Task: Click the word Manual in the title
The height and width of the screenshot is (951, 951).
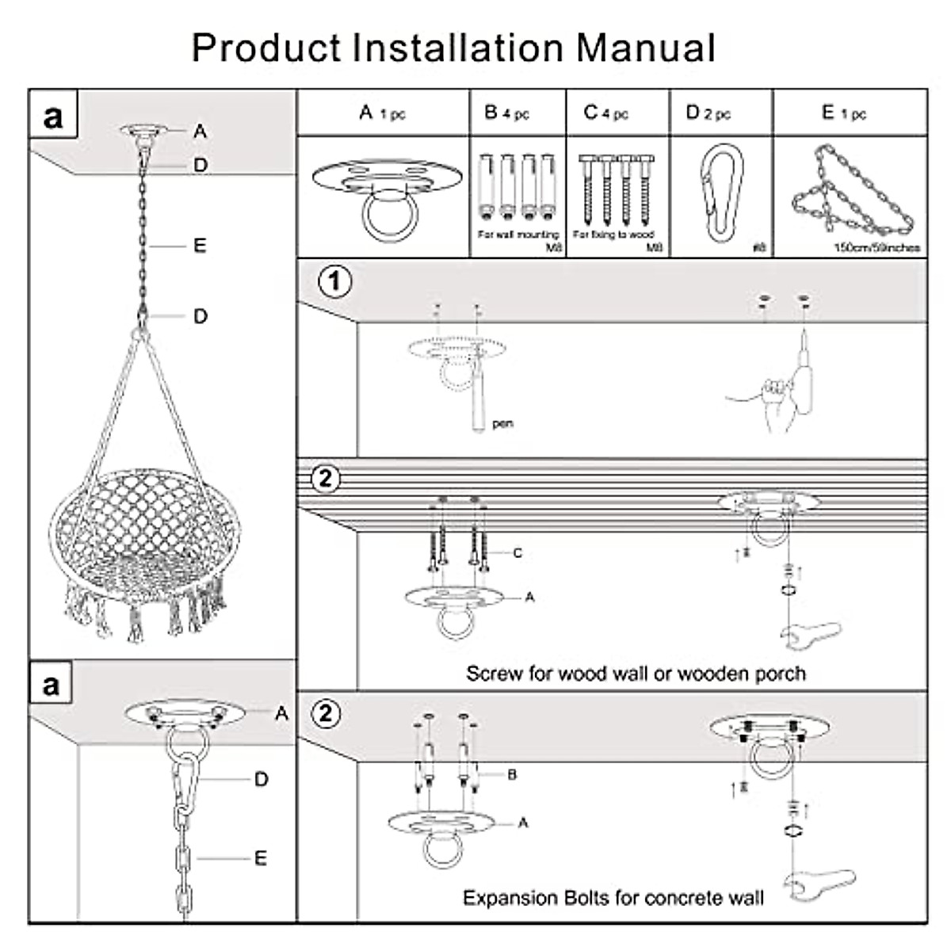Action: point(645,48)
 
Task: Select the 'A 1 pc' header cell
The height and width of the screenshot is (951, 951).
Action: point(383,113)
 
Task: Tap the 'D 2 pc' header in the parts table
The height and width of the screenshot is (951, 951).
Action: point(708,113)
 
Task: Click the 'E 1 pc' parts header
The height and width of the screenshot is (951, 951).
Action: point(843,113)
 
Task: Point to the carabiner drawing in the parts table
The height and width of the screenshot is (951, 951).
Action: point(722,193)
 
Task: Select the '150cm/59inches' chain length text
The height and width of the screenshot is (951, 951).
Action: point(877,247)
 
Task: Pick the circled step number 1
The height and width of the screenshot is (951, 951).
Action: point(334,281)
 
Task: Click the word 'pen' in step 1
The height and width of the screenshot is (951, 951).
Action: point(502,424)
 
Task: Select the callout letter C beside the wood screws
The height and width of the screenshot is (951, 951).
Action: point(518,552)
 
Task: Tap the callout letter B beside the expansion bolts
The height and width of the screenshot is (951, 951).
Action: point(512,774)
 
